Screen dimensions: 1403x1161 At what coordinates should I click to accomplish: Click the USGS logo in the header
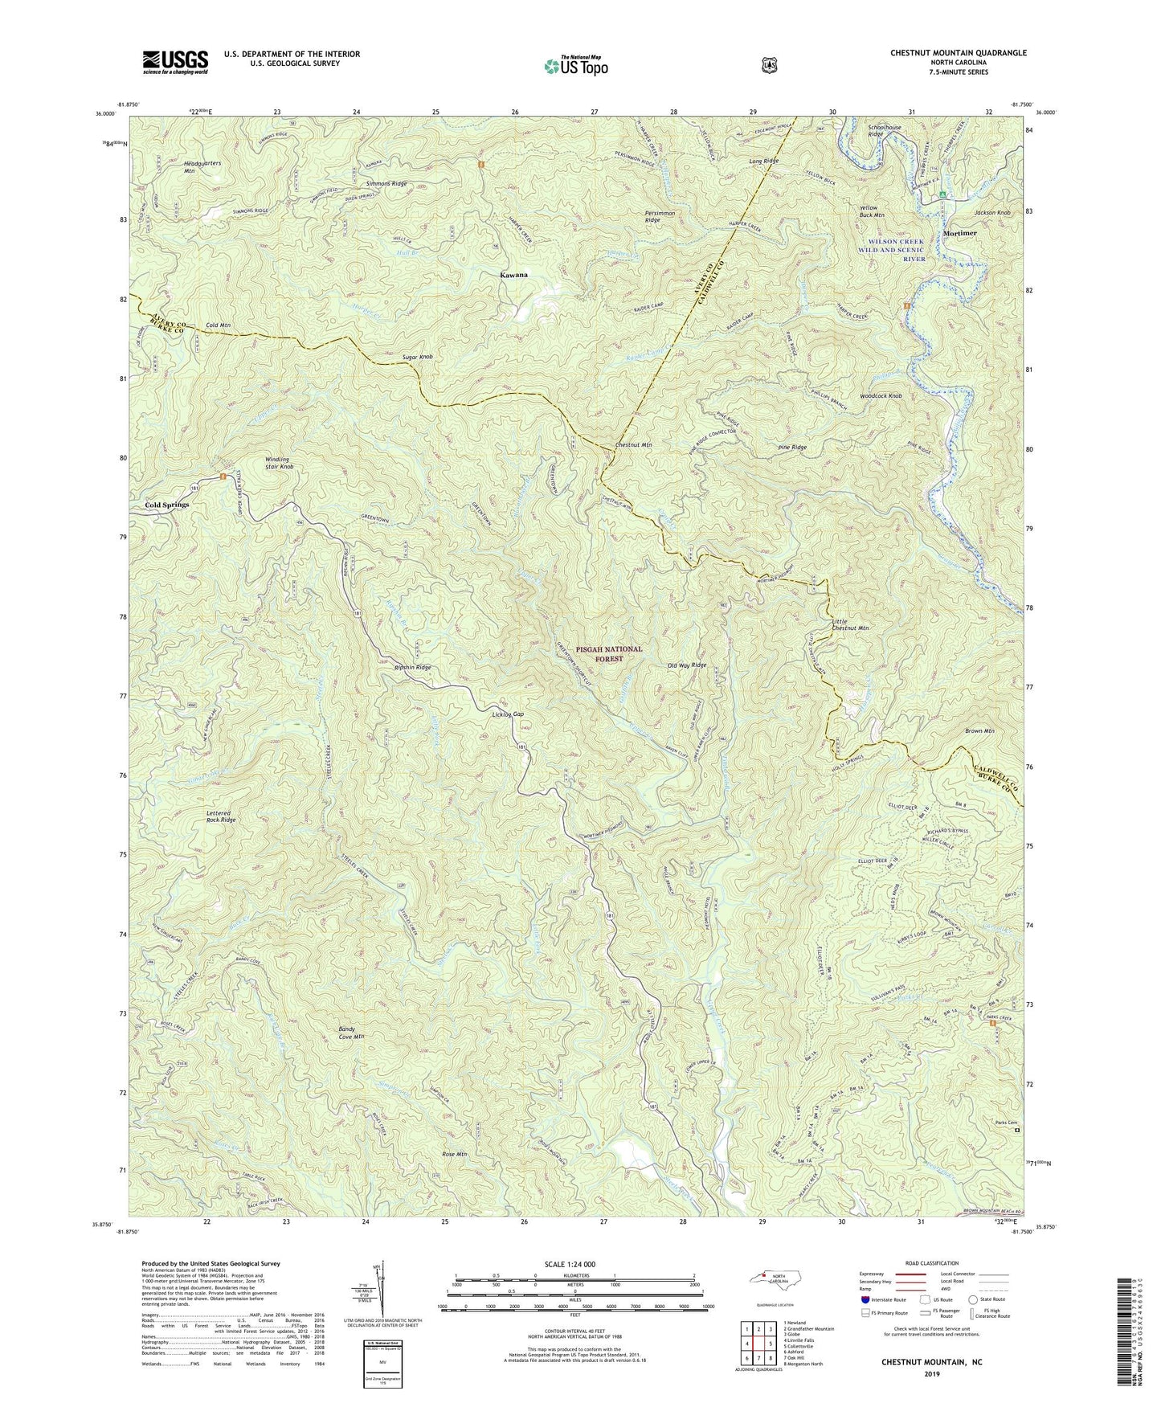coord(175,62)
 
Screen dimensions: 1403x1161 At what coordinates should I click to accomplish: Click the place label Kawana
coord(514,275)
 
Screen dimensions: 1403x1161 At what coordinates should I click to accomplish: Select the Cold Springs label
coord(166,505)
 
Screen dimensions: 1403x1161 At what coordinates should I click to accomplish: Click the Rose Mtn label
coord(454,1155)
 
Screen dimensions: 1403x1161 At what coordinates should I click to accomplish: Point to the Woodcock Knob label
coord(881,396)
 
